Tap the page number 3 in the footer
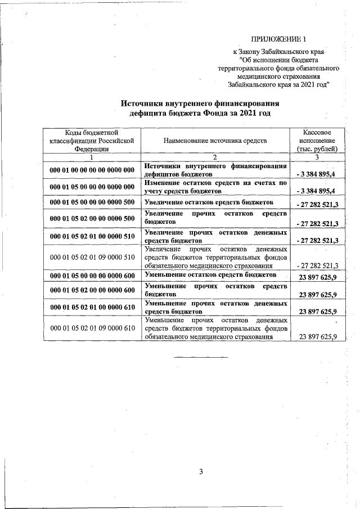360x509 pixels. point(200,471)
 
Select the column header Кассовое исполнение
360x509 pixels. point(316,140)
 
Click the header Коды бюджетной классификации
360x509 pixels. point(91,140)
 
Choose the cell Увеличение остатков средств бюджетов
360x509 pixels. point(209,201)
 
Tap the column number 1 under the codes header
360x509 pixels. point(91,157)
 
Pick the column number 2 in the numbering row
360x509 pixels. point(215,157)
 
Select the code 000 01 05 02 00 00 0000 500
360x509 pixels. point(92,219)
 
